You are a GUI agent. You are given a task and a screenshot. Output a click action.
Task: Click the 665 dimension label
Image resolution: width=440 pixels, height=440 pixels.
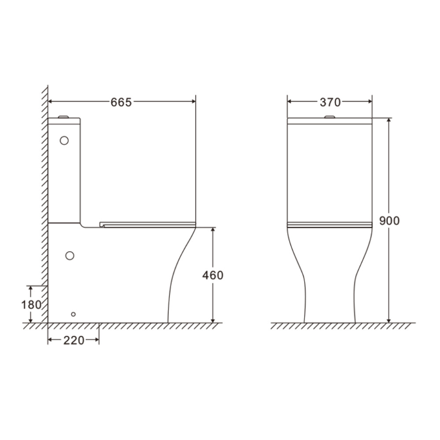(x=121, y=103)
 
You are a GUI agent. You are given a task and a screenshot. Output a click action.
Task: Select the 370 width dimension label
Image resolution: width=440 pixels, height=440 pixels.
(x=330, y=103)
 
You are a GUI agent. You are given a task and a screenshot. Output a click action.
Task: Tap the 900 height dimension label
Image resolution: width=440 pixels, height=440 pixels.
(x=389, y=221)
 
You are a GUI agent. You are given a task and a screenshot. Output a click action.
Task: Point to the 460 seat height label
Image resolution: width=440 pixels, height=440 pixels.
(x=213, y=275)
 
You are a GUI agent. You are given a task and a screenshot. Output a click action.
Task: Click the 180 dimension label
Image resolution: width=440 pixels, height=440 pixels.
(x=31, y=304)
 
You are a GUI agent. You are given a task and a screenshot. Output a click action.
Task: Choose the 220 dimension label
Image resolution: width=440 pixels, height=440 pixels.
(x=74, y=341)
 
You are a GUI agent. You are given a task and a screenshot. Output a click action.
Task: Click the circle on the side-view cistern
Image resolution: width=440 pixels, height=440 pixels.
(x=64, y=140)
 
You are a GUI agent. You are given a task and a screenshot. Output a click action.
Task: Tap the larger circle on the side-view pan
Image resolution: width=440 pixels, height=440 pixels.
(x=70, y=255)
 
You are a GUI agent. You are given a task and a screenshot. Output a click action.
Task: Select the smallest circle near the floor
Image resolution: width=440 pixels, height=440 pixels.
(x=73, y=314)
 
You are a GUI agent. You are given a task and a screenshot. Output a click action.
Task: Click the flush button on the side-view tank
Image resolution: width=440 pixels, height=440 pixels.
(x=63, y=117)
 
